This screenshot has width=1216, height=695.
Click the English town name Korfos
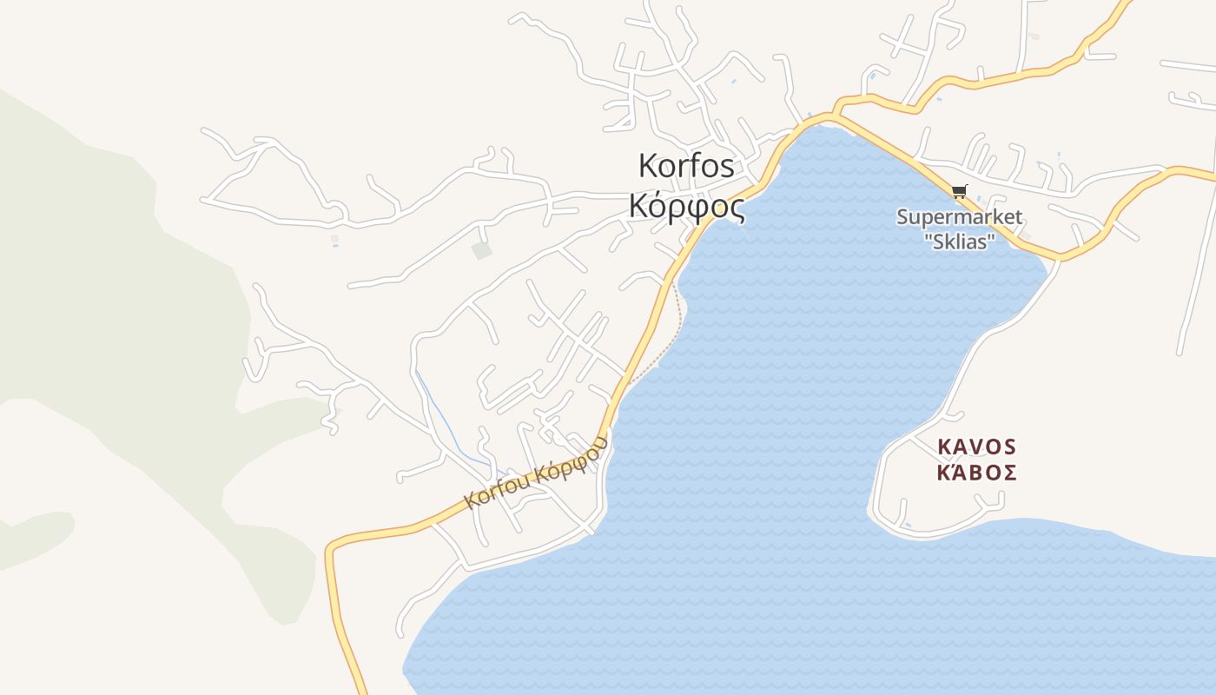pyautogui.click(x=686, y=165)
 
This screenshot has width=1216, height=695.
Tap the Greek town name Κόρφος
pyautogui.click(x=686, y=207)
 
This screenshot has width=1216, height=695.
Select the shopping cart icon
pyautogui.click(x=959, y=192)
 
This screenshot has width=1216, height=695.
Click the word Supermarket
pyautogui.click(x=959, y=217)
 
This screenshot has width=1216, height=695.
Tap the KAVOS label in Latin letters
pyautogui.click(x=977, y=447)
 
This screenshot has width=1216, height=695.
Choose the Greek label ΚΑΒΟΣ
pyautogui.click(x=977, y=473)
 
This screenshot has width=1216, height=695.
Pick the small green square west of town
pyautogui.click(x=481, y=251)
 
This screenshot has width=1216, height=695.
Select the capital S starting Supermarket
pyautogui.click(x=902, y=217)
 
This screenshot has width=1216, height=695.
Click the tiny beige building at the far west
pyautogui.click(x=334, y=237)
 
